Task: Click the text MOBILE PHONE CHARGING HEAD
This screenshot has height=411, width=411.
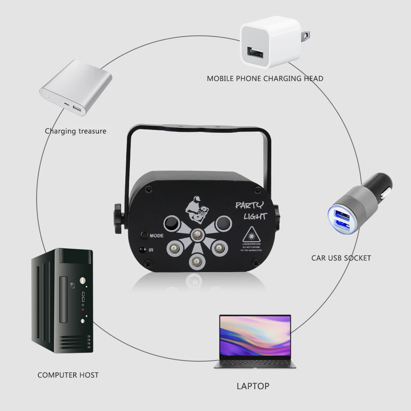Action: click(265, 78)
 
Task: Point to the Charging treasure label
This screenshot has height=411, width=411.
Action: click(75, 131)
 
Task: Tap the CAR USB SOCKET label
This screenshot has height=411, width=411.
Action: click(341, 258)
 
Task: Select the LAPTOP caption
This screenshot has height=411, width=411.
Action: click(253, 386)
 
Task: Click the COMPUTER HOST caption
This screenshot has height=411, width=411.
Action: click(68, 375)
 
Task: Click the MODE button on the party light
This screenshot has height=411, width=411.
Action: click(144, 236)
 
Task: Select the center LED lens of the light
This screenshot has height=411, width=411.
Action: click(196, 235)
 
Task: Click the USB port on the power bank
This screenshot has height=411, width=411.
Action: click(76, 109)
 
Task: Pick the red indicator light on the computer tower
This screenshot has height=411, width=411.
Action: click(83, 309)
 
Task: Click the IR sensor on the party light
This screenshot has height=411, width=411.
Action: click(143, 249)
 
